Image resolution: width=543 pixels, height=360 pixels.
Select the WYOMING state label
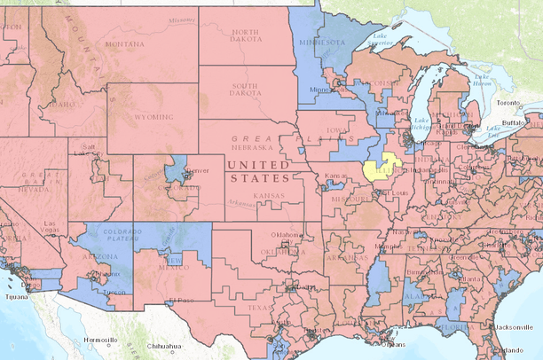tap(143, 114)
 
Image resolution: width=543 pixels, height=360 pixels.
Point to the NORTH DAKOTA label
tap(246, 34)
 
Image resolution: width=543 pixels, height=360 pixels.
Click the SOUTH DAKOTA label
tap(246, 88)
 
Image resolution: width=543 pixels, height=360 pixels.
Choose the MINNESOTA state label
tap(324, 42)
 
